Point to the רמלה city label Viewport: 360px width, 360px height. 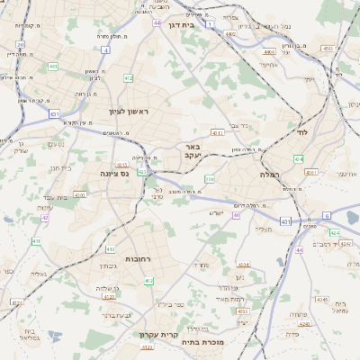[x=270, y=173]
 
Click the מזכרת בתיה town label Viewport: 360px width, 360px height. [x=228, y=342]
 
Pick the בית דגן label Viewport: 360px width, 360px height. [x=181, y=25]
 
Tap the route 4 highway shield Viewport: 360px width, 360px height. [x=105, y=50]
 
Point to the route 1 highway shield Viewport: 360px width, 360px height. [x=211, y=24]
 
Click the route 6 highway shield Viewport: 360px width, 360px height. [x=327, y=216]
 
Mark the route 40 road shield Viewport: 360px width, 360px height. [x=237, y=215]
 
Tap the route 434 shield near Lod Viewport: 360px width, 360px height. [x=299, y=158]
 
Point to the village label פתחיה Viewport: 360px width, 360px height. [x=299, y=313]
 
